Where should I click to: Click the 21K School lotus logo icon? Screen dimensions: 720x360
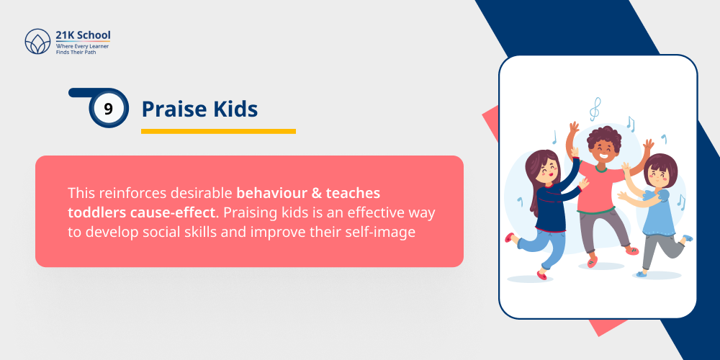tap(37, 41)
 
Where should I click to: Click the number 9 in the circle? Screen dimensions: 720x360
tap(109, 109)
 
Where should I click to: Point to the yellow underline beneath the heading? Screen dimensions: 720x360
tap(218, 131)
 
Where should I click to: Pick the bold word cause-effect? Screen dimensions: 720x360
tap(168, 213)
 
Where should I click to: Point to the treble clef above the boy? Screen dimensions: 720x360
tap(595, 109)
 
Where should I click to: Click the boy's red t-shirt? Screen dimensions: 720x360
tap(602, 187)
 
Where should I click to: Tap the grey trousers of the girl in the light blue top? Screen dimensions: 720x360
tap(657, 253)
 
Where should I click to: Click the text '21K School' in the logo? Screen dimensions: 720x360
tap(83, 35)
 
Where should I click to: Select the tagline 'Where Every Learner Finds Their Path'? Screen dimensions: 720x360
tap(82, 49)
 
